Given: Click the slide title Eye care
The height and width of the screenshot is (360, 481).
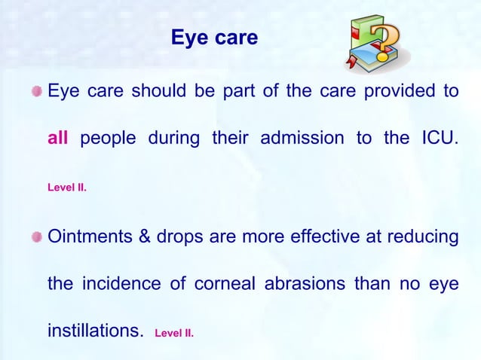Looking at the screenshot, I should point(215,37).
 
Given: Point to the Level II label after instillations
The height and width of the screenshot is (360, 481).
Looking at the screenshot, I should point(174,332).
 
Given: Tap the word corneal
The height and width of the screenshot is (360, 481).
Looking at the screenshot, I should point(226,285).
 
